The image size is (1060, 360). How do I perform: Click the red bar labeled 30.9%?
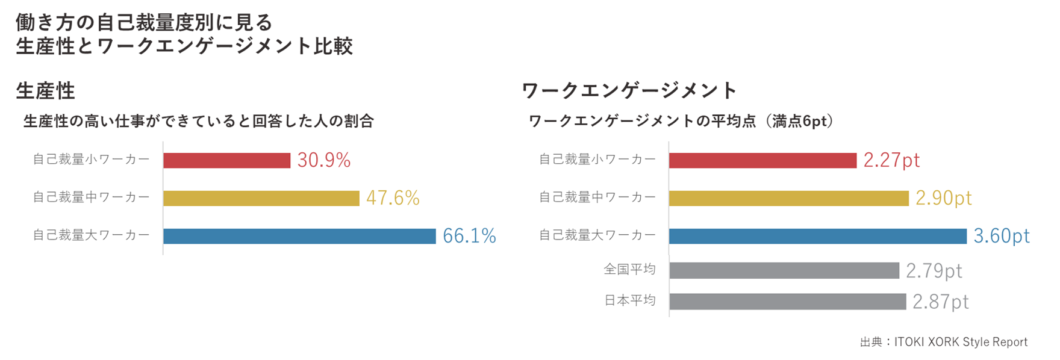point(226,160)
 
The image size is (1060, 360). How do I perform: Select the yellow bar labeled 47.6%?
point(261,198)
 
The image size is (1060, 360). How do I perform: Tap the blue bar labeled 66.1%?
point(299,236)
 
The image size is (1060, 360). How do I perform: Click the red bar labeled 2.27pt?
point(762,160)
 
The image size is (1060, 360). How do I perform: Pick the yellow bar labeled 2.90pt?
point(788,198)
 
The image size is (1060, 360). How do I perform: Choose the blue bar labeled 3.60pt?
point(817,236)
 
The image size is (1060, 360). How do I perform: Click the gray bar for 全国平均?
point(784,270)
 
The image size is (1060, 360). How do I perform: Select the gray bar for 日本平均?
point(787,301)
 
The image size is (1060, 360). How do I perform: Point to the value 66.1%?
point(469,236)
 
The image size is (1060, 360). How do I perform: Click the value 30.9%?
point(323,160)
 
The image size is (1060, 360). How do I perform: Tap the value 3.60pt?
point(1002,236)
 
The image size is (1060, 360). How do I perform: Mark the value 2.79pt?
point(934,271)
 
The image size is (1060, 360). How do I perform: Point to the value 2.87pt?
point(940,302)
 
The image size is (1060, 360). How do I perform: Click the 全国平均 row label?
point(629,269)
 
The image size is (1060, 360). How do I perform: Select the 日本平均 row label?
point(629,300)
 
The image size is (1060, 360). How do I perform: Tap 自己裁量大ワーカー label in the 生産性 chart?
point(91,235)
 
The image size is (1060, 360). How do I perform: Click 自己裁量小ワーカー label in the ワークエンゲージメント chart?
point(597,159)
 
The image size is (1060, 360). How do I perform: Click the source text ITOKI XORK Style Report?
point(960,342)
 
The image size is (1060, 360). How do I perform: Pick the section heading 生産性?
point(45,91)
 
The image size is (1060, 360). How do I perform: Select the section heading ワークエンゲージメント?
point(629,91)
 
